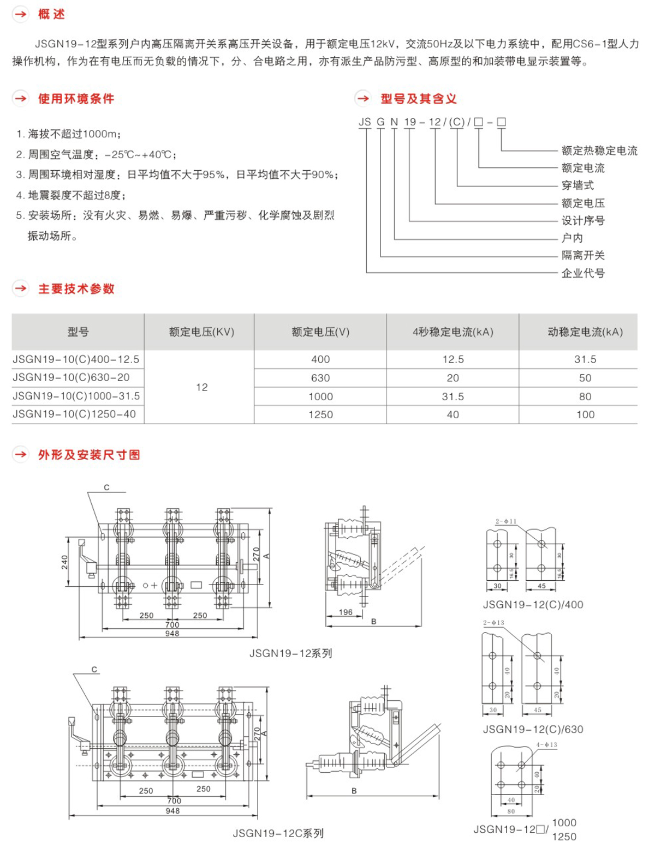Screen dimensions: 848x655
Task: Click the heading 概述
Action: pyautogui.click(x=51, y=14)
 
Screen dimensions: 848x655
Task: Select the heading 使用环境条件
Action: pyautogui.click(x=76, y=99)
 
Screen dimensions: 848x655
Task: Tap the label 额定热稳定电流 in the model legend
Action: pyautogui.click(x=599, y=151)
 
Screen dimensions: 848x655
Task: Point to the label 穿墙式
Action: pyautogui.click(x=577, y=185)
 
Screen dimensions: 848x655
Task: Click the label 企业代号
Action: pyautogui.click(x=583, y=273)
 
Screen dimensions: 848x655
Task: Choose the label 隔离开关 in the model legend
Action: pyautogui.click(x=583, y=255)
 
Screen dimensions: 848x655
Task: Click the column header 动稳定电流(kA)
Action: pyautogui.click(x=585, y=332)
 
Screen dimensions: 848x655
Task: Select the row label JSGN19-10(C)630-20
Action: pyautogui.click(x=71, y=377)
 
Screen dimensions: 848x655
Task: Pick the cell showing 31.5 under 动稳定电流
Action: pyautogui.click(x=585, y=359)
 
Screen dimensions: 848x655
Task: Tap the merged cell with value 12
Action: pyautogui.click(x=202, y=387)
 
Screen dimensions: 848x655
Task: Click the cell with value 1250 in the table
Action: pyautogui.click(x=320, y=414)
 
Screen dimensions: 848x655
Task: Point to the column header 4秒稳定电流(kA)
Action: pyautogui.click(x=452, y=332)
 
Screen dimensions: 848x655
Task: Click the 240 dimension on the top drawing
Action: pyautogui.click(x=65, y=562)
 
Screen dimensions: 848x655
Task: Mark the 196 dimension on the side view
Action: pyautogui.click(x=346, y=612)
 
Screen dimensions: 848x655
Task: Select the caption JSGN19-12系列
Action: pyautogui.click(x=290, y=653)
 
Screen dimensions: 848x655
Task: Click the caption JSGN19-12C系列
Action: pyautogui.click(x=278, y=833)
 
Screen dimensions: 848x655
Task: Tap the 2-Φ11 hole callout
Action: pyautogui.click(x=506, y=521)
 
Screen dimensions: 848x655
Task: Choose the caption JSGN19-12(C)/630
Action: pyautogui.click(x=533, y=729)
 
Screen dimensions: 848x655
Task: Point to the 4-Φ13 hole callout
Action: pyautogui.click(x=546, y=744)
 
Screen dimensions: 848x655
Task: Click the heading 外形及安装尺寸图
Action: pyautogui.click(x=89, y=455)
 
